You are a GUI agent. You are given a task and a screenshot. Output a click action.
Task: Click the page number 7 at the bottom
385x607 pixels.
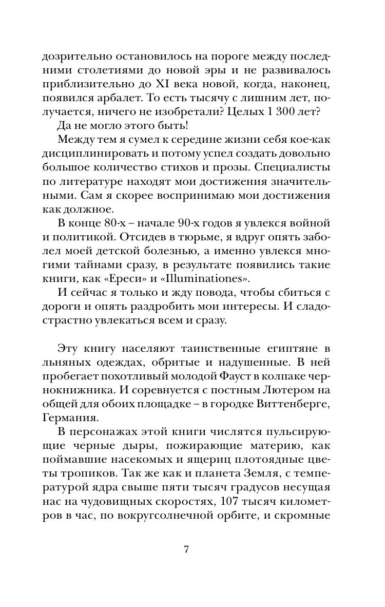click(186, 549)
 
